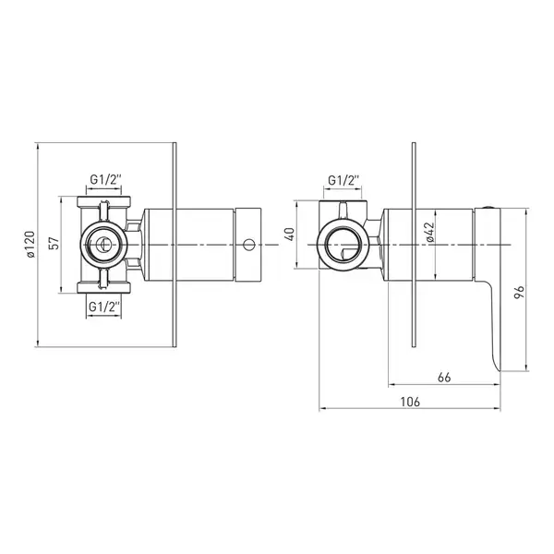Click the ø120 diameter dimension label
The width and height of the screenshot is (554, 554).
point(30,245)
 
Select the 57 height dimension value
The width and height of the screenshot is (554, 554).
point(54,244)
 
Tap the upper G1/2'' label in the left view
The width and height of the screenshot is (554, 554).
point(105,180)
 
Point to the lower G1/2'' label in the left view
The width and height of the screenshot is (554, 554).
point(104,307)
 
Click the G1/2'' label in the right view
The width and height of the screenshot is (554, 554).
point(343,181)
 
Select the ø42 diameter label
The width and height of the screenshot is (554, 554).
point(429,232)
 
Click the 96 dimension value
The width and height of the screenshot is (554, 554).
point(519,293)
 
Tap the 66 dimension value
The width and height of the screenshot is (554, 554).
point(444,378)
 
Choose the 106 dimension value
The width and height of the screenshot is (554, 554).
point(410,402)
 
